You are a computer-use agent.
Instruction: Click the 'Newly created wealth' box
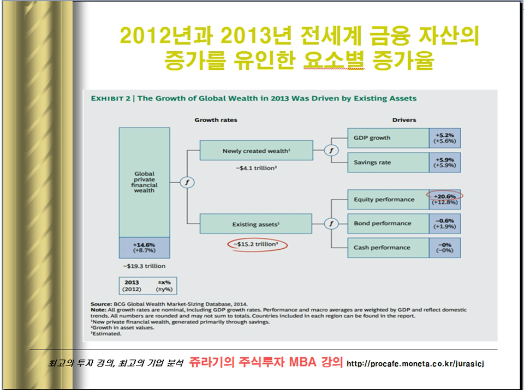pyautogui.click(x=257, y=151)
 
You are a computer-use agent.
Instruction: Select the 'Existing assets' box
pyautogui.click(x=256, y=224)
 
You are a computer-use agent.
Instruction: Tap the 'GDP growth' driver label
pyautogui.click(x=372, y=138)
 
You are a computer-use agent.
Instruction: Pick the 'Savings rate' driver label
pyautogui.click(x=372, y=163)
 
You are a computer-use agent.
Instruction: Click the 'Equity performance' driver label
pyautogui.click(x=384, y=199)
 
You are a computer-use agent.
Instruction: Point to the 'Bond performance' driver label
pyautogui.click(x=383, y=224)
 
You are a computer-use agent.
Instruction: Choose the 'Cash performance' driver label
pyautogui.click(x=382, y=248)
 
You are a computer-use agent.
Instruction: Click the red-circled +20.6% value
pyautogui.click(x=445, y=196)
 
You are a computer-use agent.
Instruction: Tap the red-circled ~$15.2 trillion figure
pyautogui.click(x=257, y=244)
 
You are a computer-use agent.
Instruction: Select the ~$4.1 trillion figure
pyautogui.click(x=257, y=168)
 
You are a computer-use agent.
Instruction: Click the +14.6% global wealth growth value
pyautogui.click(x=144, y=245)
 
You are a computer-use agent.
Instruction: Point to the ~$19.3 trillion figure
pyautogui.click(x=144, y=266)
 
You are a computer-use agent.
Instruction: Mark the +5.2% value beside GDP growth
pyautogui.click(x=445, y=135)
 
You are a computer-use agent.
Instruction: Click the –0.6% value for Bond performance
pyautogui.click(x=445, y=221)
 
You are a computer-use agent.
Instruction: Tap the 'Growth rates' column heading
pyautogui.click(x=216, y=120)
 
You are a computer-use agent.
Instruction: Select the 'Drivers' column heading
pyautogui.click(x=404, y=120)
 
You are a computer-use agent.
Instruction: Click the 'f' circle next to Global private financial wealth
pyautogui.click(x=187, y=182)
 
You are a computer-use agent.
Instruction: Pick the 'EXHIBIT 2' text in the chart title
pyautogui.click(x=111, y=99)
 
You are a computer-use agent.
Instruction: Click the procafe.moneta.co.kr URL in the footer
pyautogui.click(x=415, y=363)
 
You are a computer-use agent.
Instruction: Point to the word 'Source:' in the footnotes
pyautogui.click(x=102, y=304)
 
